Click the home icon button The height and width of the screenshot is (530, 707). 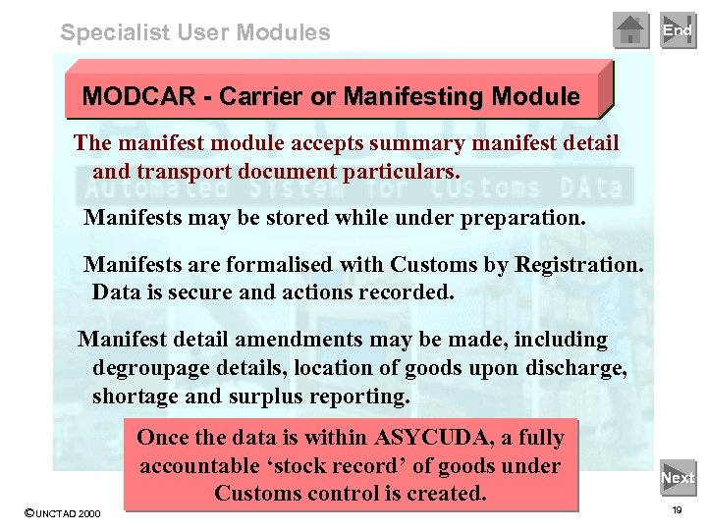631,30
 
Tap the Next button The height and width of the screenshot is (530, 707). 678,478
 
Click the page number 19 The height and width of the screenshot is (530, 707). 677,511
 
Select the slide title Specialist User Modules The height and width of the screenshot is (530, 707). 195,32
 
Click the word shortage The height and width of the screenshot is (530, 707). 136,396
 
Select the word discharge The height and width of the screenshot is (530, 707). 576,368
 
